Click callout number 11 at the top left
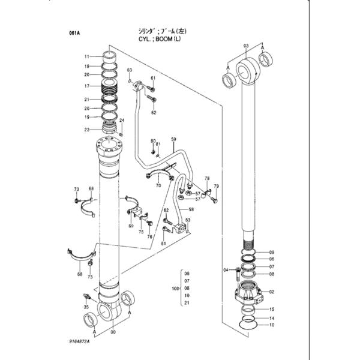click(87, 56)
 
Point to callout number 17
click(87, 86)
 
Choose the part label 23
click(87, 129)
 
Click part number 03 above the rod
click(246, 46)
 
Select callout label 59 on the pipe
click(173, 140)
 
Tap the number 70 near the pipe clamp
click(158, 186)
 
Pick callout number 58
click(191, 209)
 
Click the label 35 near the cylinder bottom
click(86, 307)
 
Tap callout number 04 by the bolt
click(227, 270)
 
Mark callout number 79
click(216, 186)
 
